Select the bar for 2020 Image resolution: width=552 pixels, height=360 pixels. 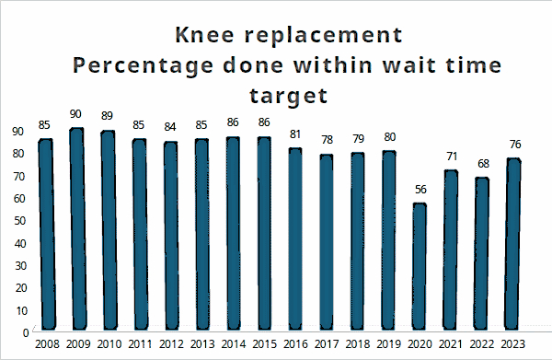click(420, 267)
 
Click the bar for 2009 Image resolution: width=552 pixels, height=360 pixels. click(77, 229)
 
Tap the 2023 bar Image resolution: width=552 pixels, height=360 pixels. click(513, 244)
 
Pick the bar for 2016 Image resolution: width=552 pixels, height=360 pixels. click(295, 238)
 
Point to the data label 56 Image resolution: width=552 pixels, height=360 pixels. click(420, 190)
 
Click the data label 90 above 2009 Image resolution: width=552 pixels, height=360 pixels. click(75, 114)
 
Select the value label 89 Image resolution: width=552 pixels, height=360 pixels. click(107, 116)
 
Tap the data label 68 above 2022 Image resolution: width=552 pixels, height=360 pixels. click(483, 164)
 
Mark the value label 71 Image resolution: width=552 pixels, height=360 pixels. click(452, 156)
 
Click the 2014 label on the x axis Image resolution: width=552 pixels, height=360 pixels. click(234, 344)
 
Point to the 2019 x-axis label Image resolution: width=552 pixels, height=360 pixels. click(388, 344)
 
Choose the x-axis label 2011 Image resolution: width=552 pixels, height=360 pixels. click(140, 344)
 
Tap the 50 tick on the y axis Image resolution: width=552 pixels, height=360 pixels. click(19, 221)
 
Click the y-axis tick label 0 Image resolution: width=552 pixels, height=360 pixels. click(26, 333)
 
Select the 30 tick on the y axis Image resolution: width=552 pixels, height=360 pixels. click(20, 266)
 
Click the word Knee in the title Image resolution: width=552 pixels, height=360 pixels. click(204, 34)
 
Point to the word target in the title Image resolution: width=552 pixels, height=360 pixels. click(289, 96)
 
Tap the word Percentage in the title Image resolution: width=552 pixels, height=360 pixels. click(143, 66)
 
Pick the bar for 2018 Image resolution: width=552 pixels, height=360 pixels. click(358, 241)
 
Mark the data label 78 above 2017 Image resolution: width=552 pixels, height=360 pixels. click(327, 140)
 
